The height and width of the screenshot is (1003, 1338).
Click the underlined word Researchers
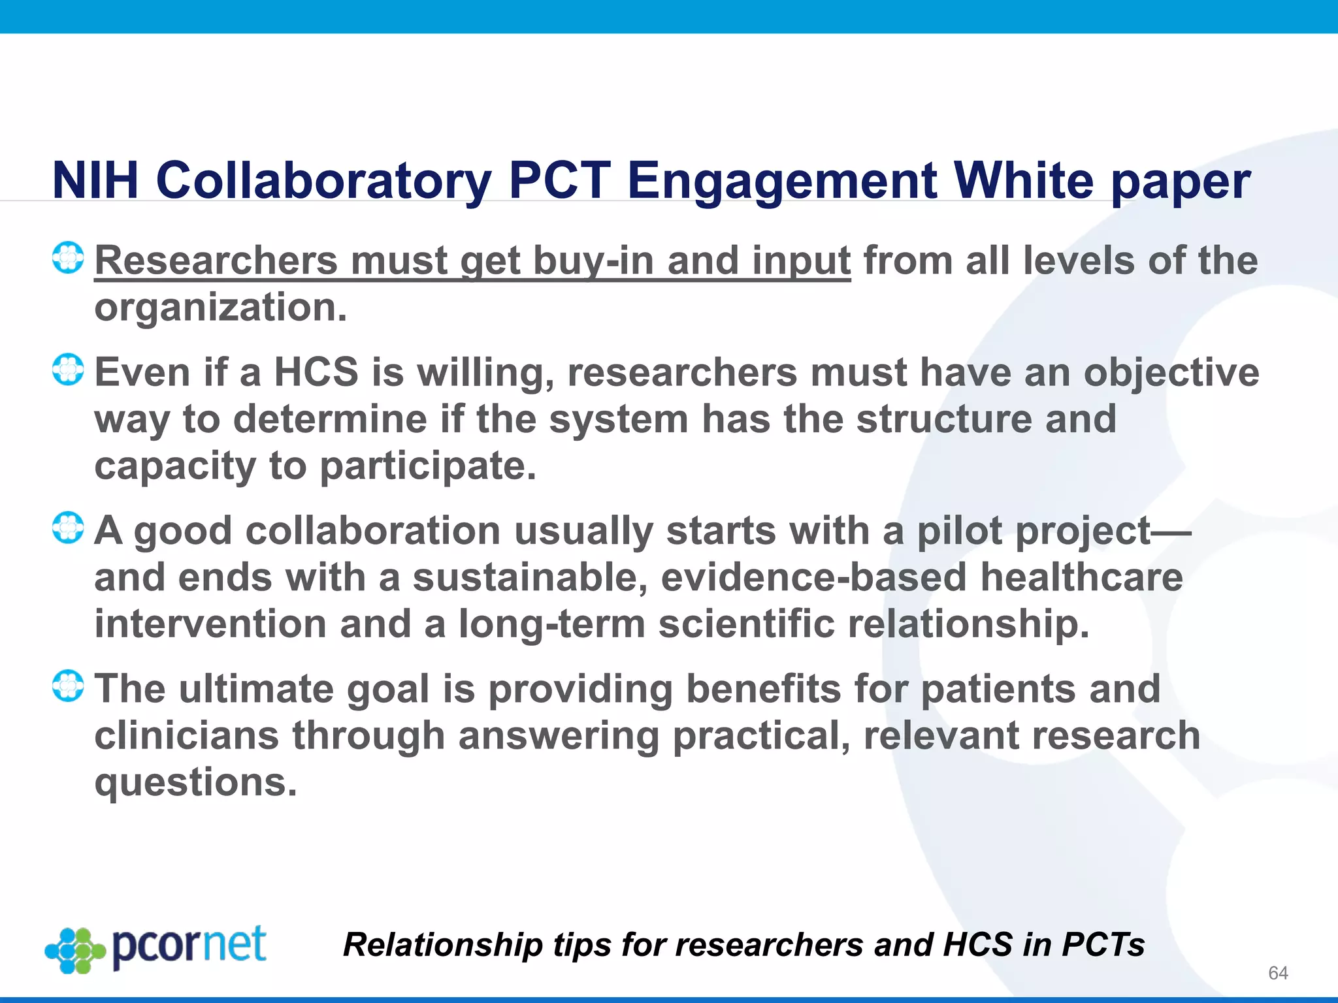click(216, 261)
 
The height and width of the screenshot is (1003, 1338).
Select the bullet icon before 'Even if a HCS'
click(68, 370)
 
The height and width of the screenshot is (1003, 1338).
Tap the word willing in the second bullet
click(486, 373)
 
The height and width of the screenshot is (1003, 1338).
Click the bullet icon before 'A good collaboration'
click(68, 528)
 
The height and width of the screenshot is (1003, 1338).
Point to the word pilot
click(960, 530)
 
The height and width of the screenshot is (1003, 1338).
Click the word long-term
click(552, 624)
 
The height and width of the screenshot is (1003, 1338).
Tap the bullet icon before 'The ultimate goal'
click(68, 686)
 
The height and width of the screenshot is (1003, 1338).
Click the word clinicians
click(187, 736)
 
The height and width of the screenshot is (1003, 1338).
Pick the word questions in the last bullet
click(195, 782)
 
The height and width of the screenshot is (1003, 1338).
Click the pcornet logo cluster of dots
click(75, 950)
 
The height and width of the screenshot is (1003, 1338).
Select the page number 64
click(1277, 973)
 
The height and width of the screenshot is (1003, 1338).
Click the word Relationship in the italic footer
click(443, 945)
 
